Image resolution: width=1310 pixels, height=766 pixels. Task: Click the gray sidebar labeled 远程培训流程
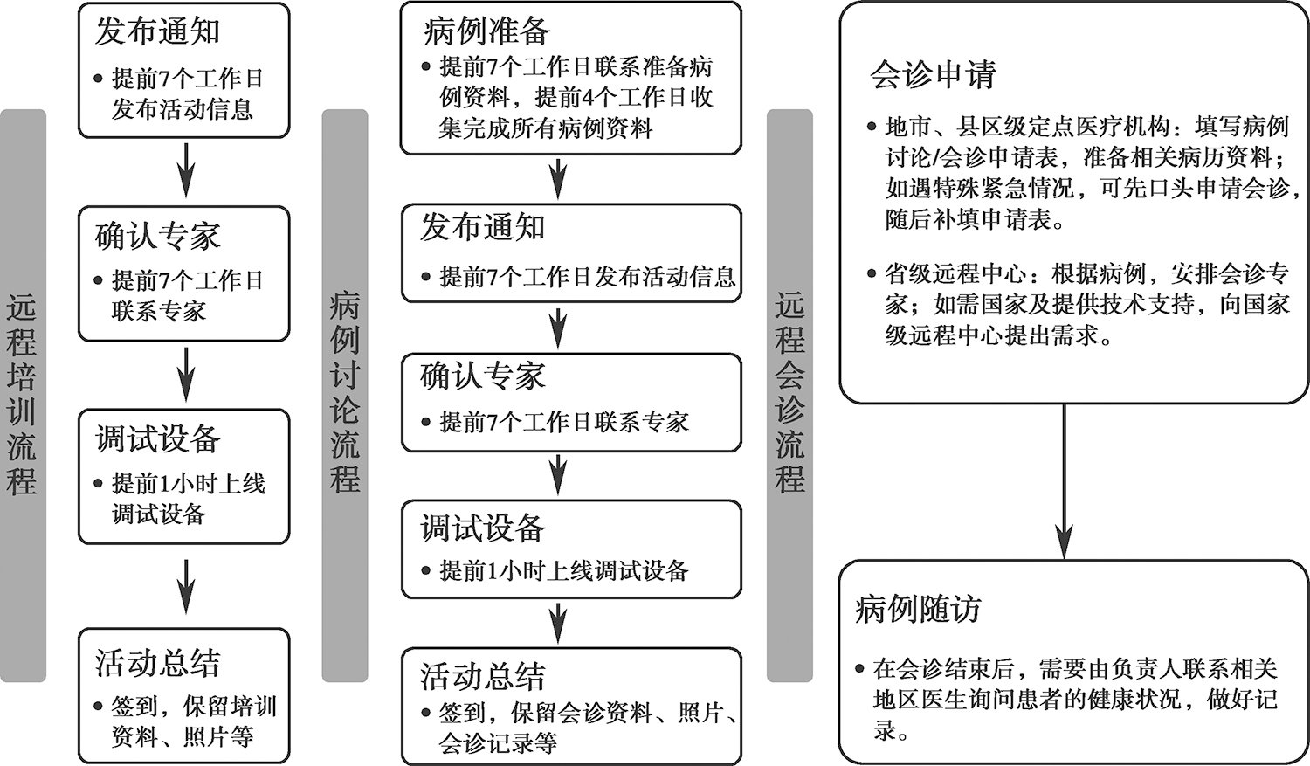click(23, 396)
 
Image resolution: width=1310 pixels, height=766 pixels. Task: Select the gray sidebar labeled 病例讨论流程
click(345, 396)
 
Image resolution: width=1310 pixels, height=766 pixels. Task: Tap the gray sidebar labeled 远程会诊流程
click(789, 396)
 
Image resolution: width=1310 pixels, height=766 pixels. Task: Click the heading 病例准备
click(486, 31)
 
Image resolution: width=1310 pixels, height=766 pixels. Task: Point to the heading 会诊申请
click(933, 75)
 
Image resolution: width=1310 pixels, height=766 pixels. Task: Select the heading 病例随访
click(918, 610)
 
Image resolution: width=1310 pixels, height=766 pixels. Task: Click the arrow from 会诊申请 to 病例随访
click(1064, 481)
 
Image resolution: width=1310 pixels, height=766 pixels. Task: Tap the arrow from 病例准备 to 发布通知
click(559, 178)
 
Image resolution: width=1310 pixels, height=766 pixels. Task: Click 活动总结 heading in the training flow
click(158, 663)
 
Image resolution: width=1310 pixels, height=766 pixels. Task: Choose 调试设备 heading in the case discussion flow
click(483, 528)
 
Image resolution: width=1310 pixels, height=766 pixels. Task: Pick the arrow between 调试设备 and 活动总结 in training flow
click(186, 586)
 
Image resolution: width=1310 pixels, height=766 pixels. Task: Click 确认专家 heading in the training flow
click(158, 236)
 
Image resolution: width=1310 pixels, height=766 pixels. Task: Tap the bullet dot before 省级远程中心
click(872, 273)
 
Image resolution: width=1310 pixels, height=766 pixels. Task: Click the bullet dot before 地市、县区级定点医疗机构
click(872, 127)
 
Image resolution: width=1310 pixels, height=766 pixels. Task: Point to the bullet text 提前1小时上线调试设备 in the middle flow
click(564, 570)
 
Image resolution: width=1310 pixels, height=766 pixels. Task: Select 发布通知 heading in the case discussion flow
click(483, 227)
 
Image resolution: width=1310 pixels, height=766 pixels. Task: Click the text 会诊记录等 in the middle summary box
click(498, 742)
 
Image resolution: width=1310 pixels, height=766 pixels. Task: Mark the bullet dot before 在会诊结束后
click(859, 668)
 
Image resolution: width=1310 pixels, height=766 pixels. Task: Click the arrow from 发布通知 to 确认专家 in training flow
click(186, 170)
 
